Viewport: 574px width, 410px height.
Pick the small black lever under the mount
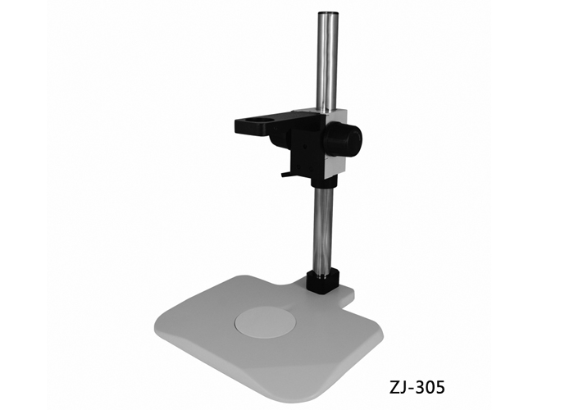pos(285,174)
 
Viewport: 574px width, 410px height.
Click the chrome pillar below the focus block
pos(322,230)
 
